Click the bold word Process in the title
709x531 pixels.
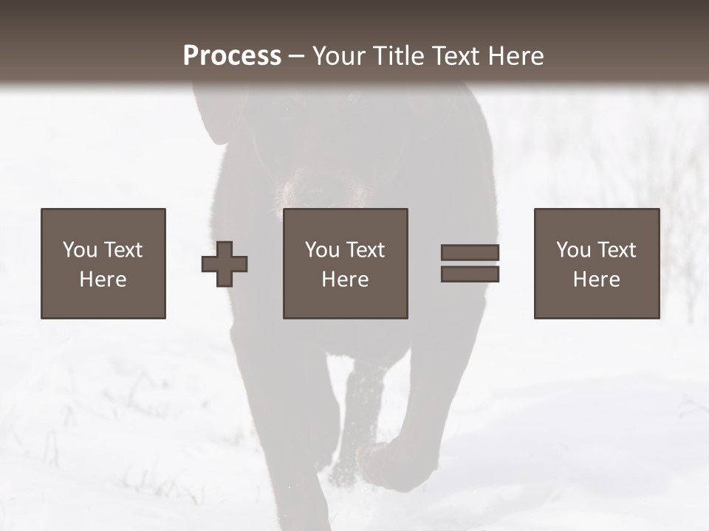click(232, 56)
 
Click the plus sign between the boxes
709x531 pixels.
click(225, 264)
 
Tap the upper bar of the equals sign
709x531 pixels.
click(470, 252)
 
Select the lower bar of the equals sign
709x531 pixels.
click(470, 274)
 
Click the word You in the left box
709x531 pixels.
click(80, 250)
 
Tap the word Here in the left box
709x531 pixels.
click(103, 280)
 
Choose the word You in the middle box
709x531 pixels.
click(323, 250)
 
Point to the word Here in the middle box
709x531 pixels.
click(346, 280)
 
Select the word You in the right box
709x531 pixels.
click(574, 250)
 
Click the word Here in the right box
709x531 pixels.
click(597, 280)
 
